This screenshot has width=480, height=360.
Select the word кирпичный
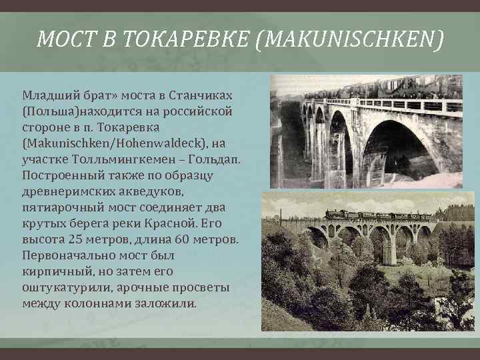tap(57, 271)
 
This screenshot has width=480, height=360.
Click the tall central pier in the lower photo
tap(390, 247)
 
